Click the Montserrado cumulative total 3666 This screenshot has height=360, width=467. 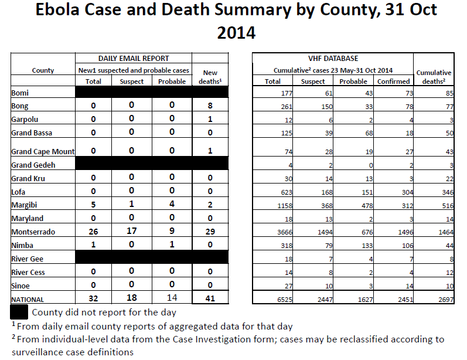pyautogui.click(x=285, y=232)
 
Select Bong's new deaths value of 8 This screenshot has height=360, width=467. pyautogui.click(x=210, y=106)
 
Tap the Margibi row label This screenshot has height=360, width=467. pyautogui.click(x=24, y=205)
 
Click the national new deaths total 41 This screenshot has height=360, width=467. pyautogui.click(x=210, y=298)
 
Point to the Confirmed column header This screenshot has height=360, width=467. pyautogui.click(x=393, y=81)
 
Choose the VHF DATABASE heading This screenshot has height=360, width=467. pyautogui.click(x=333, y=59)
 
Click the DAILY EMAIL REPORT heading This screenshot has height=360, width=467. pyautogui.click(x=134, y=59)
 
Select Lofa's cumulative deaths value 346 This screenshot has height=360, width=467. pyautogui.click(x=448, y=192)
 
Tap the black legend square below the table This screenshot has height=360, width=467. pyautogui.click(x=19, y=312)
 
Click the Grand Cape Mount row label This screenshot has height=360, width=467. pyautogui.click(x=43, y=152)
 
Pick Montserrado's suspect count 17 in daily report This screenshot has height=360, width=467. pyautogui.click(x=131, y=231)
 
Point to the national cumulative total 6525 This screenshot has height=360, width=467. pyautogui.click(x=285, y=300)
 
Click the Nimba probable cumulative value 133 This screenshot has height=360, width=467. pyautogui.click(x=367, y=246)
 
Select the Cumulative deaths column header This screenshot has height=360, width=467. pyautogui.click(x=434, y=77)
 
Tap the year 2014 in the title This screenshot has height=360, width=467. pyautogui.click(x=236, y=33)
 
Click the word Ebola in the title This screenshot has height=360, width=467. pyautogui.click(x=57, y=9)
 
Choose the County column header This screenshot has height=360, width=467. pyautogui.click(x=43, y=70)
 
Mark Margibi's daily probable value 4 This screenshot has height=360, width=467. pyautogui.click(x=172, y=204)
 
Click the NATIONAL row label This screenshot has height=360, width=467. pyautogui.click(x=28, y=300)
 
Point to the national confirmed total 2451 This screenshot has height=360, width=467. pyautogui.click(x=405, y=300)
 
